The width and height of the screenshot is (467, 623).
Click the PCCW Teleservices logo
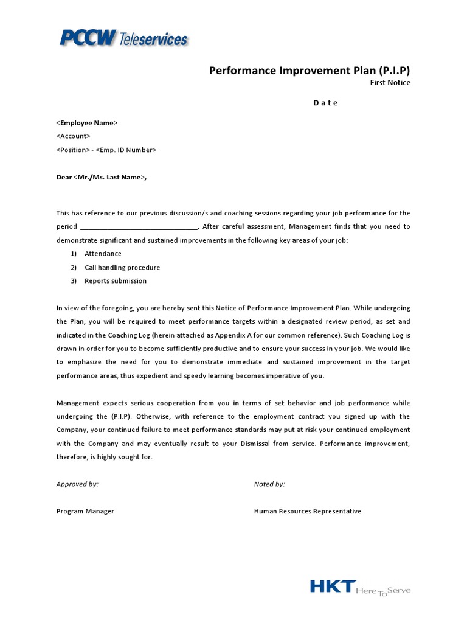123,38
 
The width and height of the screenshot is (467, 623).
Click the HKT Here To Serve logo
360,588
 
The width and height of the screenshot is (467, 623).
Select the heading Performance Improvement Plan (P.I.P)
310,70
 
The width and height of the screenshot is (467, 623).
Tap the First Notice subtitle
390,83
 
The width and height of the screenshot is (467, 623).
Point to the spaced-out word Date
325,103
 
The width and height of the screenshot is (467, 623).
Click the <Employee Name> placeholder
87,123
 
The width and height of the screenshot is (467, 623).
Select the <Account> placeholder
73,136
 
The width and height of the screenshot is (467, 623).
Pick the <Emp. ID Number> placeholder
126,150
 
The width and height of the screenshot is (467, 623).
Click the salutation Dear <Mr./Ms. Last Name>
102,177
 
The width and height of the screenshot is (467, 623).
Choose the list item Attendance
103,254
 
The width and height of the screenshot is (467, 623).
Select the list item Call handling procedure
122,268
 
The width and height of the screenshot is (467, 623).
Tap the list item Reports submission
116,281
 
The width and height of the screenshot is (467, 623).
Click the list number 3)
74,281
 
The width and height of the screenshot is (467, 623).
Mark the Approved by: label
77,484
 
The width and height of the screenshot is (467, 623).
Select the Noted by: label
269,484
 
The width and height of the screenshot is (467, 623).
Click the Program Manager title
85,512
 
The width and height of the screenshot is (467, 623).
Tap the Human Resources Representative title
307,512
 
